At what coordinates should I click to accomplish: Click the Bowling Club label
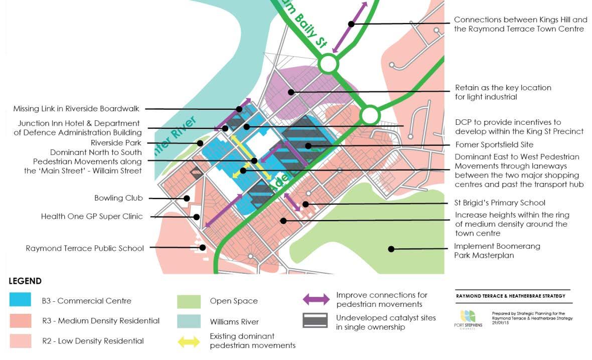[x=118, y=198]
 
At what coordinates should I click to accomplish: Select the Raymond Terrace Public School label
[x=85, y=248]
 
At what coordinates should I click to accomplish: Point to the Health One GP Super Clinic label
[x=92, y=217]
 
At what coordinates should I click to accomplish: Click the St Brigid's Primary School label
[x=500, y=203]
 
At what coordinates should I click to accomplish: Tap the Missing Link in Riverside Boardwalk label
[x=76, y=108]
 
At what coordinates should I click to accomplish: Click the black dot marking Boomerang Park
[x=391, y=249]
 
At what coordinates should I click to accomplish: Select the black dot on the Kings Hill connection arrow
[x=351, y=24]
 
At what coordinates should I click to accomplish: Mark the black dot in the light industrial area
[x=290, y=92]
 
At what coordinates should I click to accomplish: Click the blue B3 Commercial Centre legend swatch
[x=21, y=300]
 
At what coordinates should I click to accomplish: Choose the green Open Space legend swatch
[x=189, y=301]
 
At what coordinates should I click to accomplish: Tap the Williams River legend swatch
[x=189, y=321]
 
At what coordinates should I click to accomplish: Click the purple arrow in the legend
[x=315, y=300]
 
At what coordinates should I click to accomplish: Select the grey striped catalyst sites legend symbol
[x=315, y=321]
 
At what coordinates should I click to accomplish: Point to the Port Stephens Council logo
[x=468, y=320]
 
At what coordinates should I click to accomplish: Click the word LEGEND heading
[x=25, y=281]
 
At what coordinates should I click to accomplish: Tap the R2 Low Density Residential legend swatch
[x=21, y=341]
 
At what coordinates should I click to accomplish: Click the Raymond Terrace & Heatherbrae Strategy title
[x=510, y=296]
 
